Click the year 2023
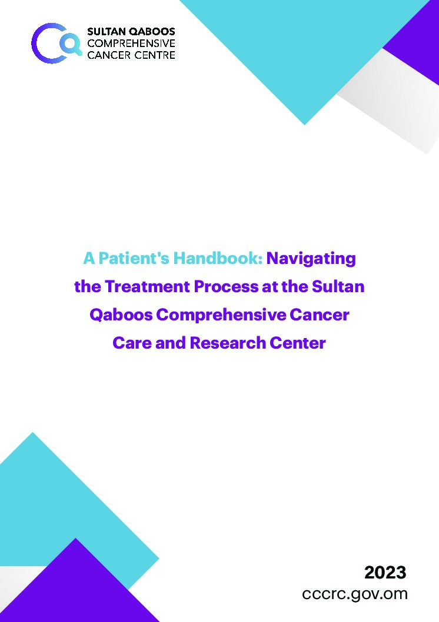pos(385,573)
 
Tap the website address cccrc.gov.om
pos(354,594)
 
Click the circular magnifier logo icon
pos(56,44)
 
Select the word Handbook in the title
pos(218,258)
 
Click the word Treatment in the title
pos(147,286)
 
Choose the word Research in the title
pos(228,343)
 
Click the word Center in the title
pos(298,343)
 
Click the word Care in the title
pos(132,343)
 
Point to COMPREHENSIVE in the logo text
pos(131,43)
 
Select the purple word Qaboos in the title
pos(121,315)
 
